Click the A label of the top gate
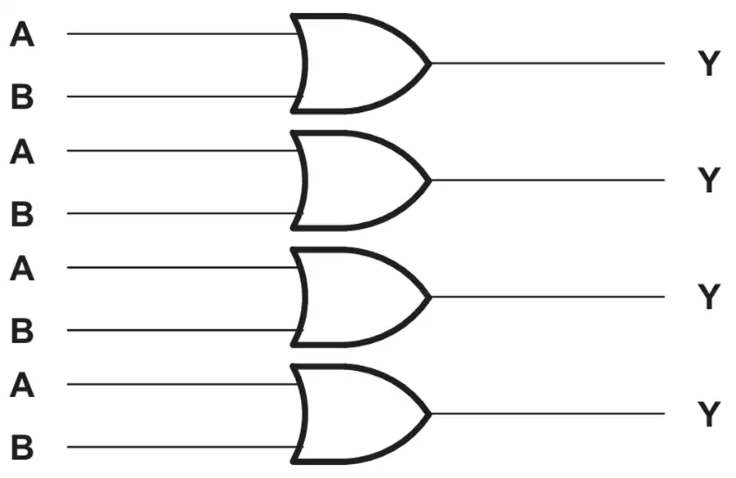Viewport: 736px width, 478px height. tap(22, 34)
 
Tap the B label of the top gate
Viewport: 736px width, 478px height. tap(22, 96)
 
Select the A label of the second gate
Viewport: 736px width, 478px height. tap(22, 151)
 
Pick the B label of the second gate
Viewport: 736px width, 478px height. tap(22, 213)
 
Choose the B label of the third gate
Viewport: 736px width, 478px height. tap(22, 330)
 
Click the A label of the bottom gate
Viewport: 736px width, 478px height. tap(22, 385)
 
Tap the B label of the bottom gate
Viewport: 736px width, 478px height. tap(22, 447)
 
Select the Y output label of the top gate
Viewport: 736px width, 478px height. tap(709, 64)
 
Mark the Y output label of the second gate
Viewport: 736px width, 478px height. tap(709, 180)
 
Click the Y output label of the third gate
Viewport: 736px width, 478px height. tap(709, 297)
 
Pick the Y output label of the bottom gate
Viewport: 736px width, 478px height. tap(709, 413)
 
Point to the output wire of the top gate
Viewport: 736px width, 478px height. tap(548, 63)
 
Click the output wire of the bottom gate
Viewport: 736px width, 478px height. tap(548, 413)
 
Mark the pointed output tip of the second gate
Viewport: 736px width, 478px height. tap(430, 180)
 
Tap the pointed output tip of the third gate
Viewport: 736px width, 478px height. tap(430, 297)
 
